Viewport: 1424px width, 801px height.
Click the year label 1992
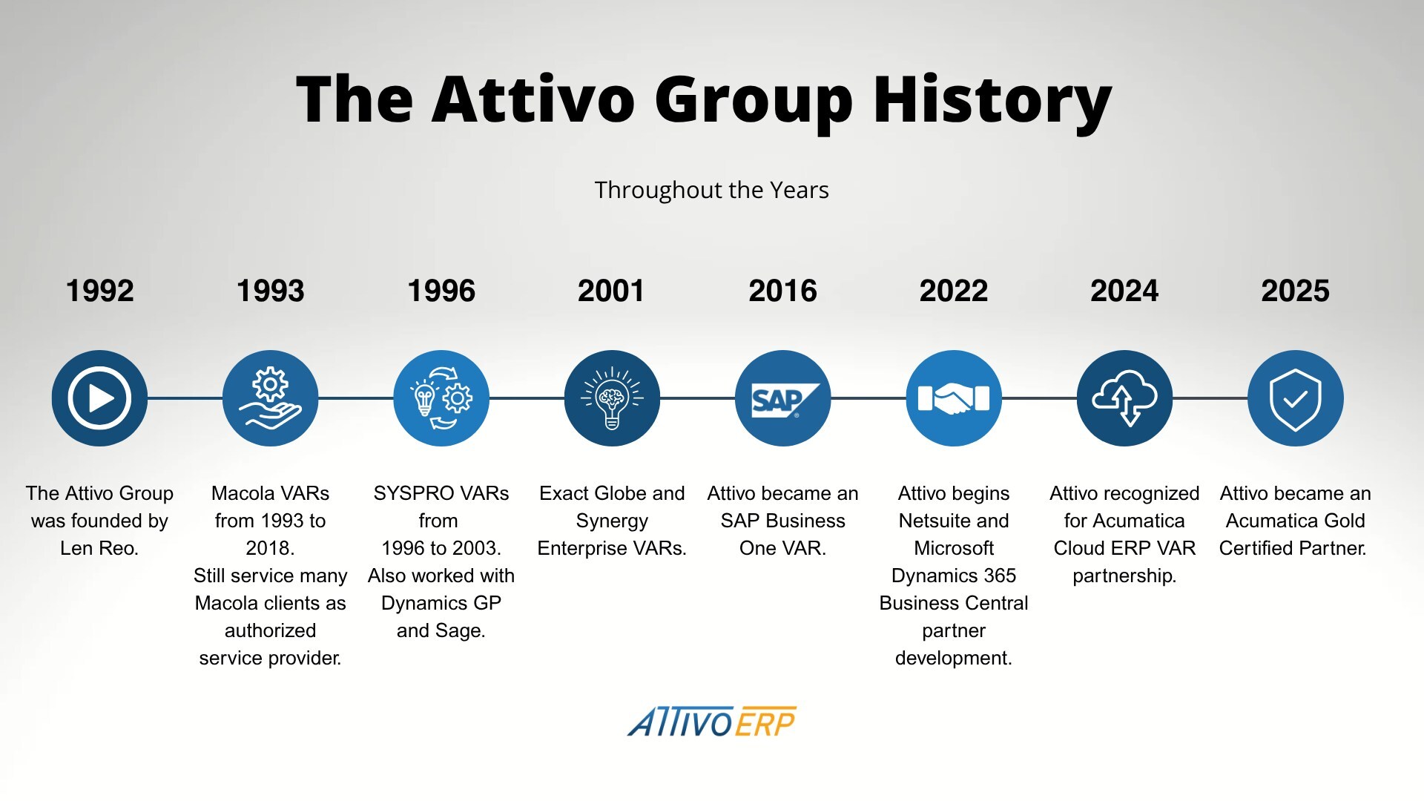(100, 291)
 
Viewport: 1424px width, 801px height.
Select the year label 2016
(782, 291)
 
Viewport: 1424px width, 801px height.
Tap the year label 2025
(1295, 291)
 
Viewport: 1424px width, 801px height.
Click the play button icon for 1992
(99, 398)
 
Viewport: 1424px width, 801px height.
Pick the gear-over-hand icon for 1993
(270, 398)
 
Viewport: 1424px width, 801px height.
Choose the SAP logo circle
(782, 398)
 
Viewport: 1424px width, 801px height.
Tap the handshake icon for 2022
(954, 398)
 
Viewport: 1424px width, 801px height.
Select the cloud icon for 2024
(1124, 398)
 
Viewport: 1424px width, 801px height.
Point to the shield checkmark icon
(1295, 398)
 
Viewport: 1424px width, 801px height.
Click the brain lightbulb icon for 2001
(612, 398)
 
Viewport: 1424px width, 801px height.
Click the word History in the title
(992, 99)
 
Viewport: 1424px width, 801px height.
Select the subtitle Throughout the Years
(711, 190)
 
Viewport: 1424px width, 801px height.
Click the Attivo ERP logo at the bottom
(711, 722)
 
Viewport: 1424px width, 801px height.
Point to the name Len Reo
(99, 548)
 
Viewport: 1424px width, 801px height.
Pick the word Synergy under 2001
(612, 521)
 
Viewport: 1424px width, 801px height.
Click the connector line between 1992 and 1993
(185, 398)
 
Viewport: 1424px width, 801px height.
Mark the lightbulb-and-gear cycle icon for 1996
(441, 398)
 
